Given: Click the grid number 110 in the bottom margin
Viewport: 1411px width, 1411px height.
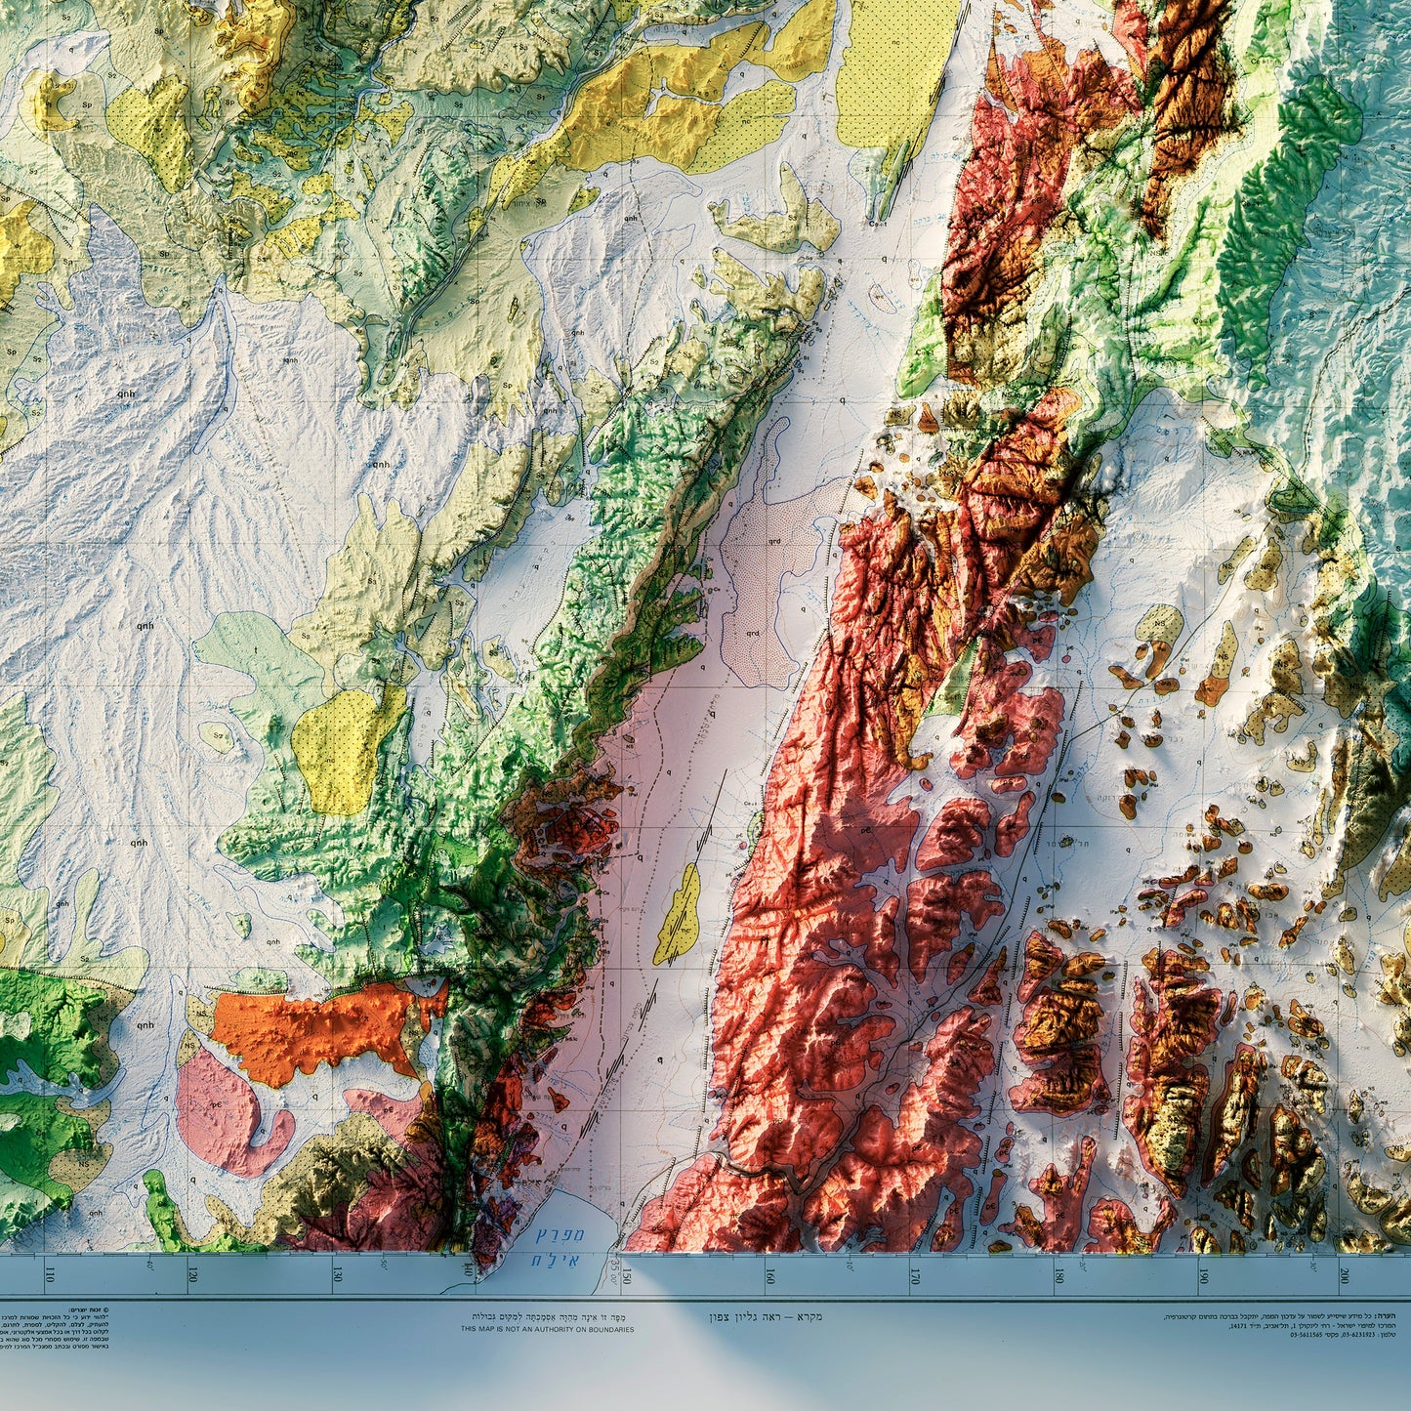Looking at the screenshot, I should tap(49, 1274).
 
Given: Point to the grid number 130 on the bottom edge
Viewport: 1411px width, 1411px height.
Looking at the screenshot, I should tap(337, 1274).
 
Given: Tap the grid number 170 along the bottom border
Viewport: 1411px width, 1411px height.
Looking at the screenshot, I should tap(915, 1274).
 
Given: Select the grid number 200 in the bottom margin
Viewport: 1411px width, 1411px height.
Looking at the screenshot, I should tap(1346, 1274).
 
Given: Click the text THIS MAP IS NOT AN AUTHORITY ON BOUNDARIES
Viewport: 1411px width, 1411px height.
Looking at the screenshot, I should tap(547, 1329).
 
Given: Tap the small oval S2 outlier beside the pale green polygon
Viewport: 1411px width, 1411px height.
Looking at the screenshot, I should tap(217, 737).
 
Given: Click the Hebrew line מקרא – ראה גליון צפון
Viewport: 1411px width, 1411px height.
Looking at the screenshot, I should tap(766, 1316).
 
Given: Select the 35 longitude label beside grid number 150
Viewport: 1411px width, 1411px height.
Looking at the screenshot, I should tap(615, 1271).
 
